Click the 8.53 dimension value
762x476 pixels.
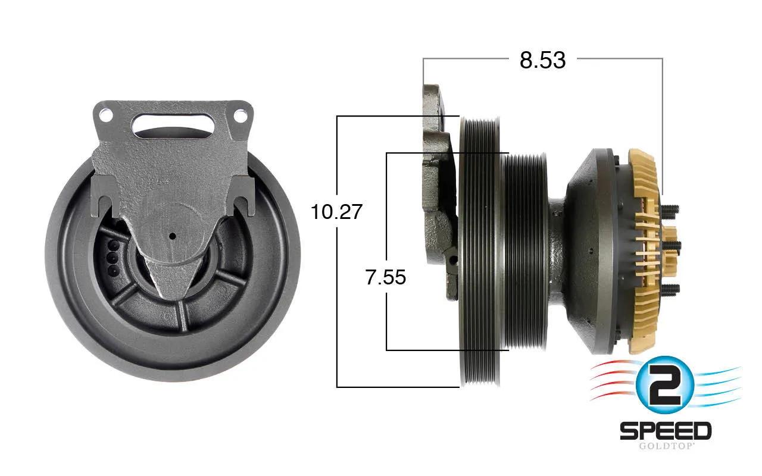(x=542, y=60)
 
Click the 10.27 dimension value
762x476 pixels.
(x=336, y=211)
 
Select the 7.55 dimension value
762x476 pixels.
(x=386, y=277)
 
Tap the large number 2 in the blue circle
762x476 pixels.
(x=664, y=386)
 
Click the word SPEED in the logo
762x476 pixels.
(x=666, y=430)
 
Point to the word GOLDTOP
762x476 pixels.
(x=666, y=446)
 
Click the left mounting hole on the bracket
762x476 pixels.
(x=105, y=115)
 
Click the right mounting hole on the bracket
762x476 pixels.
(x=240, y=115)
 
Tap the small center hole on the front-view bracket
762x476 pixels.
(x=173, y=236)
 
